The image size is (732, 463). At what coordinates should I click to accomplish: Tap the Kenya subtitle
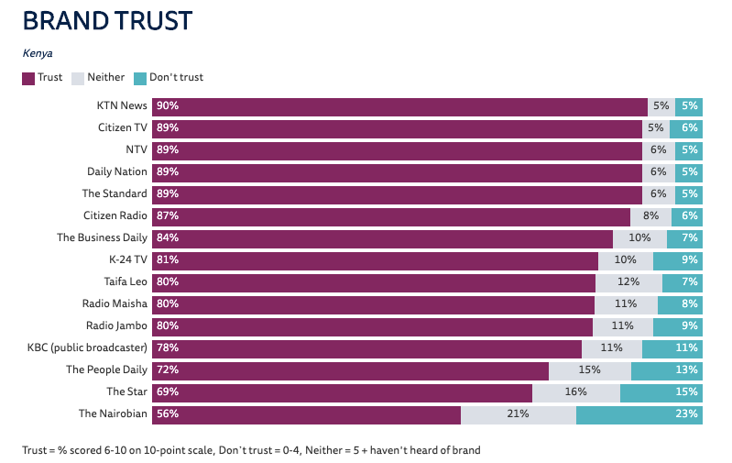[38, 53]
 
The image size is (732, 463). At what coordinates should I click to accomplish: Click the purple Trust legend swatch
[28, 78]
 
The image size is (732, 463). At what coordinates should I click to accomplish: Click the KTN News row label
[122, 105]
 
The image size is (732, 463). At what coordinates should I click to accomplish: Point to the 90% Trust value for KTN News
[168, 105]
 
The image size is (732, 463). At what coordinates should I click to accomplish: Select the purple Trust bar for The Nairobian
[306, 413]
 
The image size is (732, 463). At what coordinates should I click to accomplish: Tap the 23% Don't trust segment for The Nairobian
[639, 413]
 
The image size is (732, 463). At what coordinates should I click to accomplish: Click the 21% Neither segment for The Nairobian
[519, 413]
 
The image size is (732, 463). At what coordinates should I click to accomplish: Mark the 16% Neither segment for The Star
[576, 391]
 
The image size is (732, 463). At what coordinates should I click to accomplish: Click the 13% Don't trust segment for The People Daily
[667, 369]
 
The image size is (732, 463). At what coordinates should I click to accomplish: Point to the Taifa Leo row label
[126, 281]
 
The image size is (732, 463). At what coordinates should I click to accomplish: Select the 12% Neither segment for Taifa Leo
[628, 281]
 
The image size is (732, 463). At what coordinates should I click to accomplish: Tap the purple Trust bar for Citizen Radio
[391, 215]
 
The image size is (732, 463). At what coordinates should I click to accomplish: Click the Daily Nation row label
[117, 171]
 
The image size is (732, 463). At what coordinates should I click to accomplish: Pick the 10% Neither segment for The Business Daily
[639, 237]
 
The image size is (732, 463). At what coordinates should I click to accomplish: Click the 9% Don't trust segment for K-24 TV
[678, 259]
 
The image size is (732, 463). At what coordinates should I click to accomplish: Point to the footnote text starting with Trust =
[251, 450]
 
